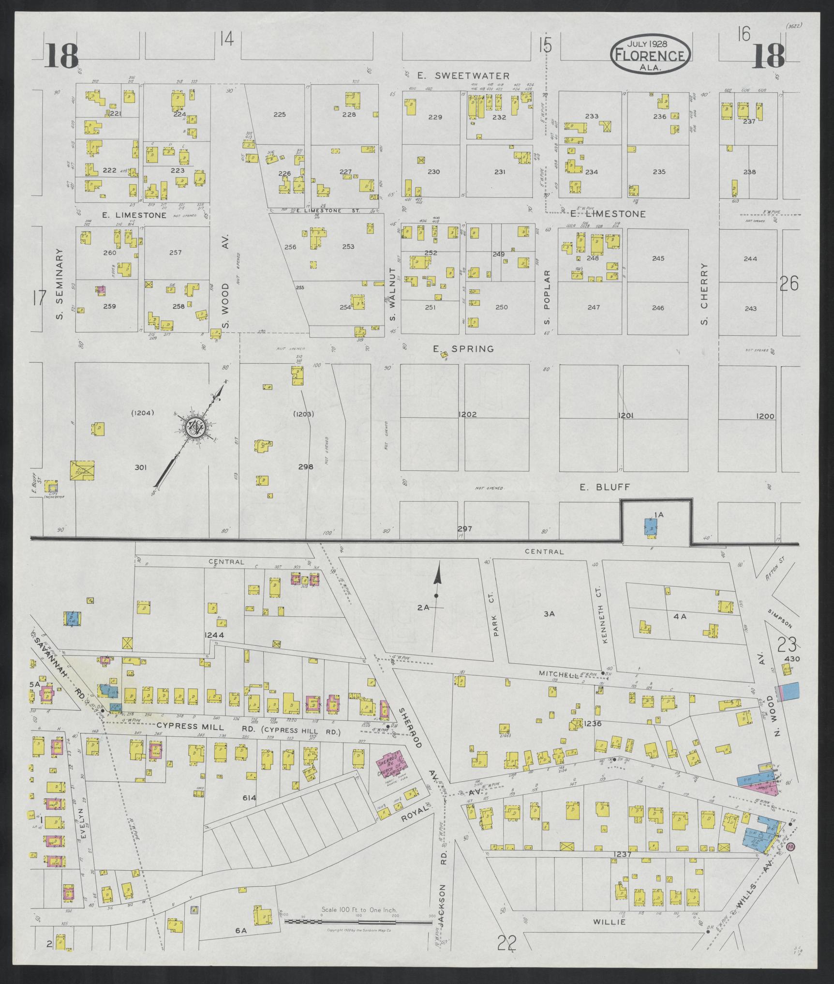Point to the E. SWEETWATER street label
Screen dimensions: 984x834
[x=463, y=75]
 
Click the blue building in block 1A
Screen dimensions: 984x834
[x=651, y=527]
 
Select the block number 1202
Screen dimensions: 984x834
[x=468, y=415]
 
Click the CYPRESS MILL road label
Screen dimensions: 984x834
[x=190, y=740]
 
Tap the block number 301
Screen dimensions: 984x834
[x=140, y=467]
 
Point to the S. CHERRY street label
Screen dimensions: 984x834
[x=704, y=294]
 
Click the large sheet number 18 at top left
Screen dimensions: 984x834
[x=62, y=56]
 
